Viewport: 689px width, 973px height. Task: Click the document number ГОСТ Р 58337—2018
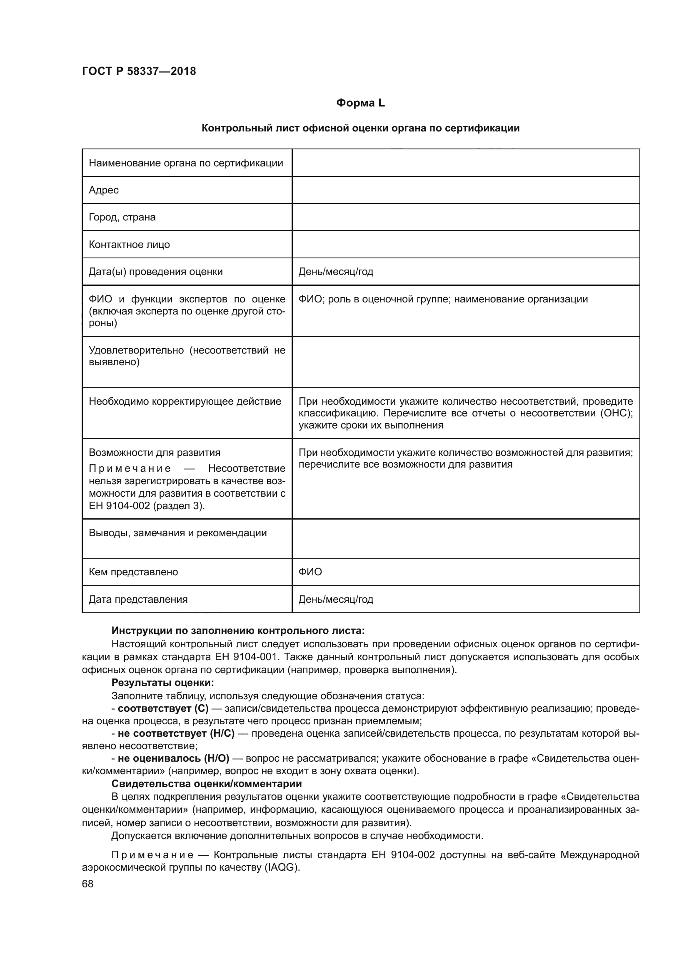pyautogui.click(x=139, y=71)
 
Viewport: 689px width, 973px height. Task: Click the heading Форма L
pyautogui.click(x=360, y=103)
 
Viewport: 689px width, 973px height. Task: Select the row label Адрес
pyautogui.click(x=104, y=190)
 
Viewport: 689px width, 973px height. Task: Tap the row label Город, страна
pyautogui.click(x=122, y=217)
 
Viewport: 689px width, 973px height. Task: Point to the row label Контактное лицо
pyautogui.click(x=129, y=245)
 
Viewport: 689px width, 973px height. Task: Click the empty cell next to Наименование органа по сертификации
pyautogui.click(x=465, y=163)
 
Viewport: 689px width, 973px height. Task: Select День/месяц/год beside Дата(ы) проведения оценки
pyautogui.click(x=336, y=272)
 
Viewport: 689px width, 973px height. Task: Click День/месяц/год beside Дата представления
pyautogui.click(x=336, y=599)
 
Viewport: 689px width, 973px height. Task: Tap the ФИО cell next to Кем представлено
pyautogui.click(x=310, y=572)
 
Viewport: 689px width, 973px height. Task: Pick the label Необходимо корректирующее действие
pyautogui.click(x=185, y=401)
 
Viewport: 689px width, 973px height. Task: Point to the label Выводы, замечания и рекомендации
pyautogui.click(x=178, y=533)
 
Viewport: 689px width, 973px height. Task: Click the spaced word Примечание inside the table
pyautogui.click(x=130, y=468)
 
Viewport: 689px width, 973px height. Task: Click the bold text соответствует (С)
pyautogui.click(x=163, y=708)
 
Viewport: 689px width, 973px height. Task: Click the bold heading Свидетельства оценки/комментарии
pyautogui.click(x=207, y=784)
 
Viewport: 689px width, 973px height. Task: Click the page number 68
pyautogui.click(x=88, y=884)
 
